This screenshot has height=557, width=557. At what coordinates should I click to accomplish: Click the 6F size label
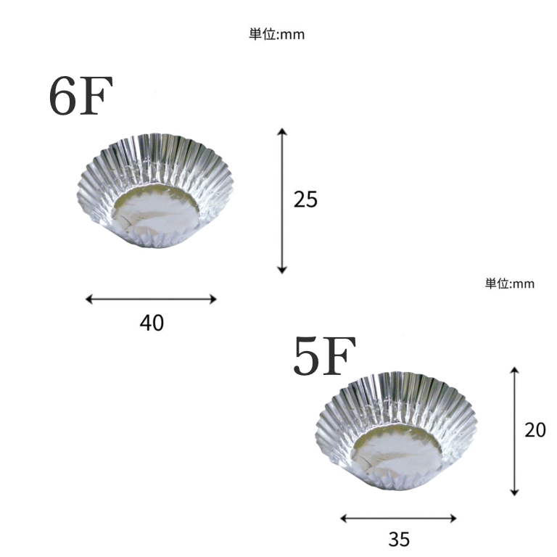point(81,95)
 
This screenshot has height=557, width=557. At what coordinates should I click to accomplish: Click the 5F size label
point(324,355)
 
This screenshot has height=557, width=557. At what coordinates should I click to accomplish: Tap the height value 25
point(305,199)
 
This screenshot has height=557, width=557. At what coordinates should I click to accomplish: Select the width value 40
point(152,323)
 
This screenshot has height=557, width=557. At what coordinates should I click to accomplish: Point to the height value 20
point(535,430)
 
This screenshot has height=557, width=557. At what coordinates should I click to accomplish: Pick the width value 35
point(399,540)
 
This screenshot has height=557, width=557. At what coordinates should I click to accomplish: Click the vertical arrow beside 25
point(282,201)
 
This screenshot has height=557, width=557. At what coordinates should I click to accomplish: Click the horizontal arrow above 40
point(151,299)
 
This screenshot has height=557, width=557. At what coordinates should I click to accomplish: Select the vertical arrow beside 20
point(514,432)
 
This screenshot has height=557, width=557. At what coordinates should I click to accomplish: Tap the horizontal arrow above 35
point(398,519)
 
